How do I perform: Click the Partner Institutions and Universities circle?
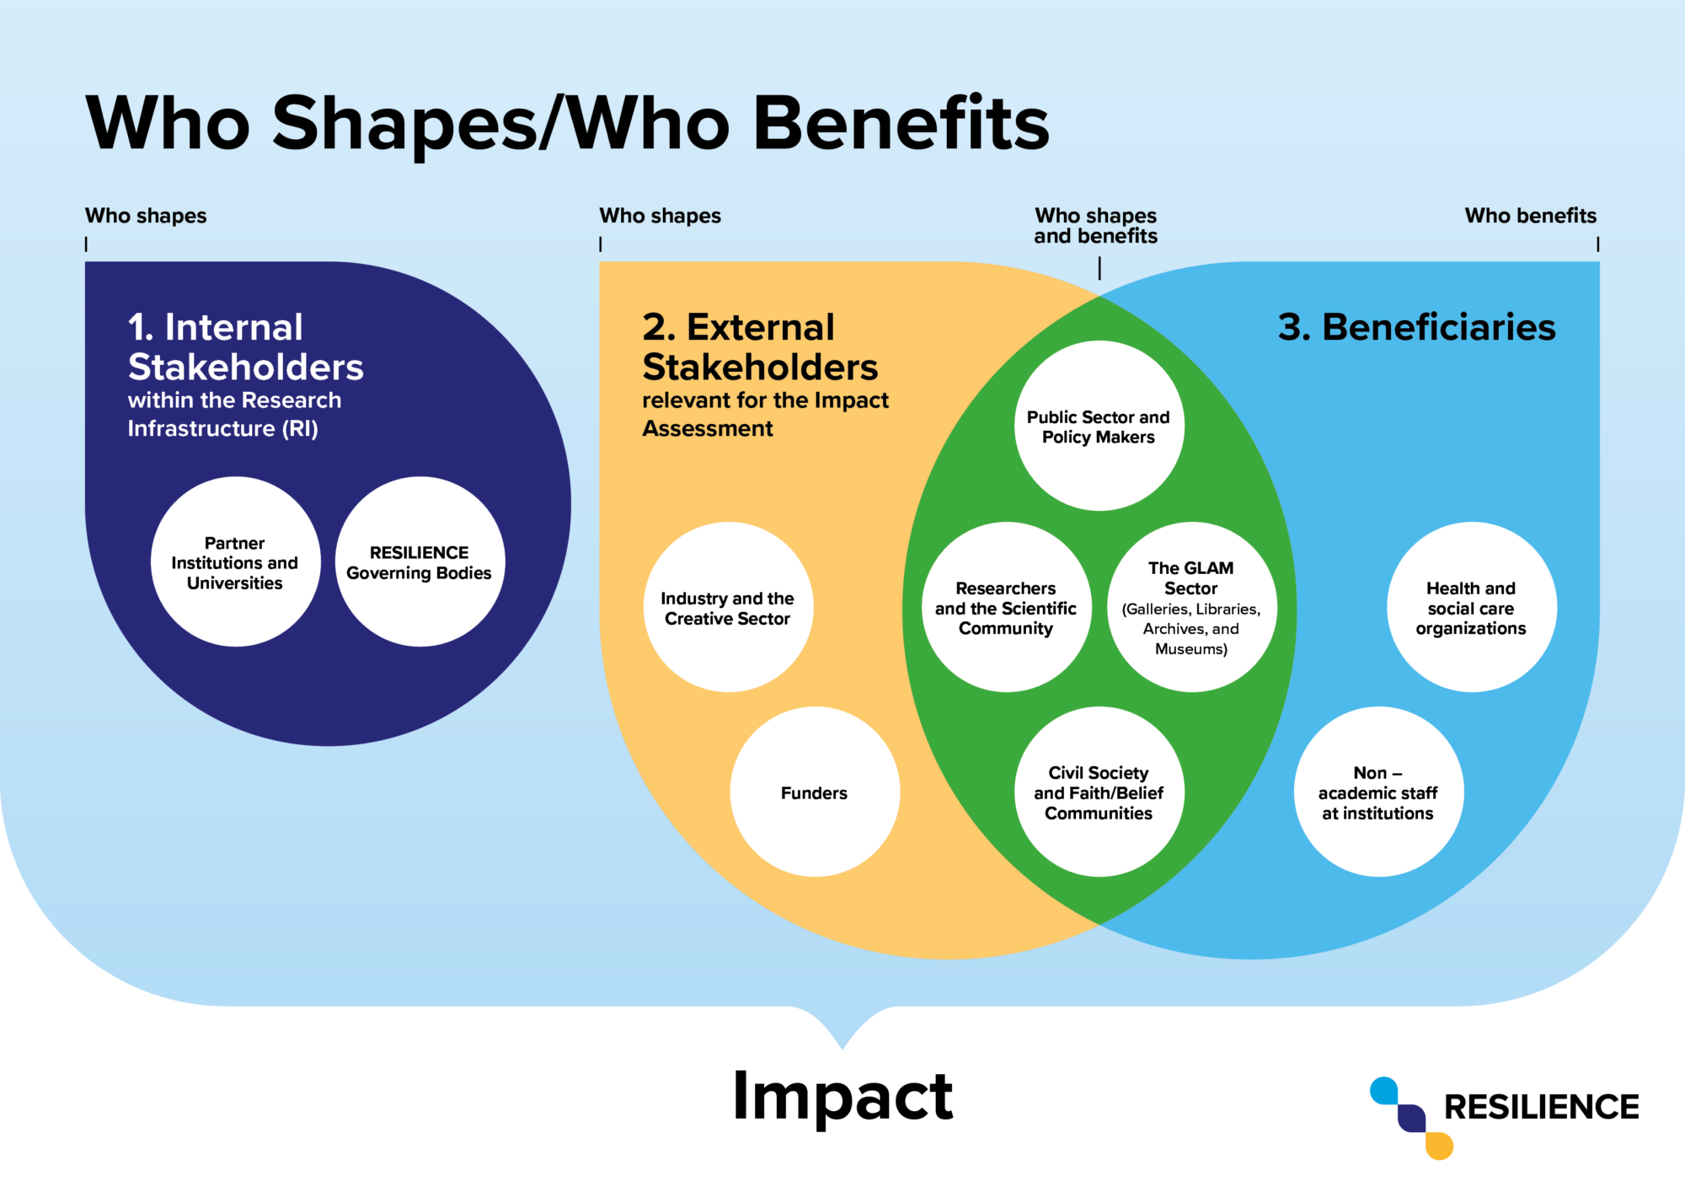[236, 562]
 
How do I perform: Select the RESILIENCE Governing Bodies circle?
[420, 562]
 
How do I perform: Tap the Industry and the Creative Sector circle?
[728, 608]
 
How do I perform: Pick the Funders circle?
[815, 792]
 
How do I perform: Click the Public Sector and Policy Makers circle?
[1099, 427]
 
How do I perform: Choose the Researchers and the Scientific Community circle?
[1006, 608]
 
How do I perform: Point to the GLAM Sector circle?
[1191, 608]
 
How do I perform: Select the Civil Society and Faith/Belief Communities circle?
[1099, 792]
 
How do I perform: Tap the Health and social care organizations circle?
[1471, 608]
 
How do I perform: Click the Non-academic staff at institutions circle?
[1378, 792]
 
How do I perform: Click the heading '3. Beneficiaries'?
[1416, 327]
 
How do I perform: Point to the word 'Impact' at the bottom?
[842, 1096]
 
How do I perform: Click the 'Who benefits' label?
[1530, 216]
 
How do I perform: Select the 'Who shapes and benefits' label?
[1095, 226]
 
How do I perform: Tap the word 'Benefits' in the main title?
[900, 124]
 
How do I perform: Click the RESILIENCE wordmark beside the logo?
[1541, 1107]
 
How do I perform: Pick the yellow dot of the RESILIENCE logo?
[1440, 1146]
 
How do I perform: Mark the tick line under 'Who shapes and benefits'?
[1099, 268]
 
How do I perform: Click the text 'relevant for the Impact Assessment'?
[765, 414]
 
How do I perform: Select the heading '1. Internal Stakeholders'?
[245, 347]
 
